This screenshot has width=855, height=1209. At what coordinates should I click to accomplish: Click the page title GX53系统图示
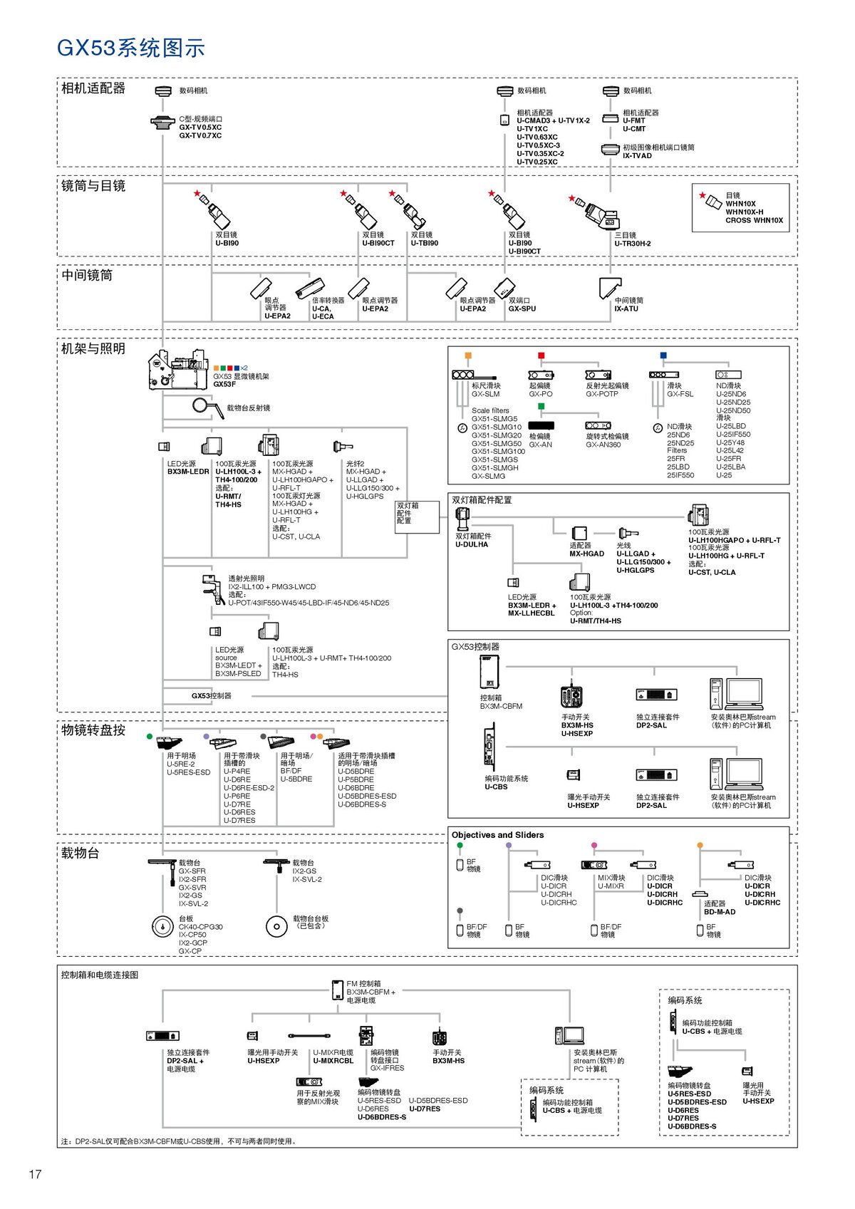click(131, 48)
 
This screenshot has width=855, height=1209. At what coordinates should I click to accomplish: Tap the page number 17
click(35, 1174)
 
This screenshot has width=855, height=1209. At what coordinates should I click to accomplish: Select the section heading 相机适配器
click(93, 88)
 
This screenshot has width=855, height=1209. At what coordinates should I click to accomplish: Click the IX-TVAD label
click(637, 156)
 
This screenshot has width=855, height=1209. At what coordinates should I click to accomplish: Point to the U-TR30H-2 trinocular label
click(633, 244)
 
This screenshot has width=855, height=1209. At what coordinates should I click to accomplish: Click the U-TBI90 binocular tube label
click(425, 243)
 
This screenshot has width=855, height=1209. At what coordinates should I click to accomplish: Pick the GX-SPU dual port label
click(522, 309)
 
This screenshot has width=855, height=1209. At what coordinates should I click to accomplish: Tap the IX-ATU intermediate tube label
click(626, 309)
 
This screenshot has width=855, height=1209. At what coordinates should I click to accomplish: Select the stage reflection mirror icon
click(207, 407)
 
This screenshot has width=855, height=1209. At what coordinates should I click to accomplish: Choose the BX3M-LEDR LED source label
click(188, 472)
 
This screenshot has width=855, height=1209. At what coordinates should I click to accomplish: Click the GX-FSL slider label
click(680, 394)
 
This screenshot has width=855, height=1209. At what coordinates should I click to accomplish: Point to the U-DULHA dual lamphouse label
click(472, 545)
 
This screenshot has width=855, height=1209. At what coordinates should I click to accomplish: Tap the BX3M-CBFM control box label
click(501, 706)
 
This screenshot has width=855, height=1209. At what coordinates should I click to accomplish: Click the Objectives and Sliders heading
click(497, 835)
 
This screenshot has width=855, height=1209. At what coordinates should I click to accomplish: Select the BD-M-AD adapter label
click(720, 912)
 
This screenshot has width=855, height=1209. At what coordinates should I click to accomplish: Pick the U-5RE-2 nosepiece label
click(181, 764)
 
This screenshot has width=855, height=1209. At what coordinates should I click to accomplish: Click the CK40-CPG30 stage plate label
click(200, 927)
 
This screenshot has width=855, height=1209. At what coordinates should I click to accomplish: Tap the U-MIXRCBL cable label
click(333, 1061)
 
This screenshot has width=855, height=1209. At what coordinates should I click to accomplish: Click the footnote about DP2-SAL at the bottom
click(178, 1141)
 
